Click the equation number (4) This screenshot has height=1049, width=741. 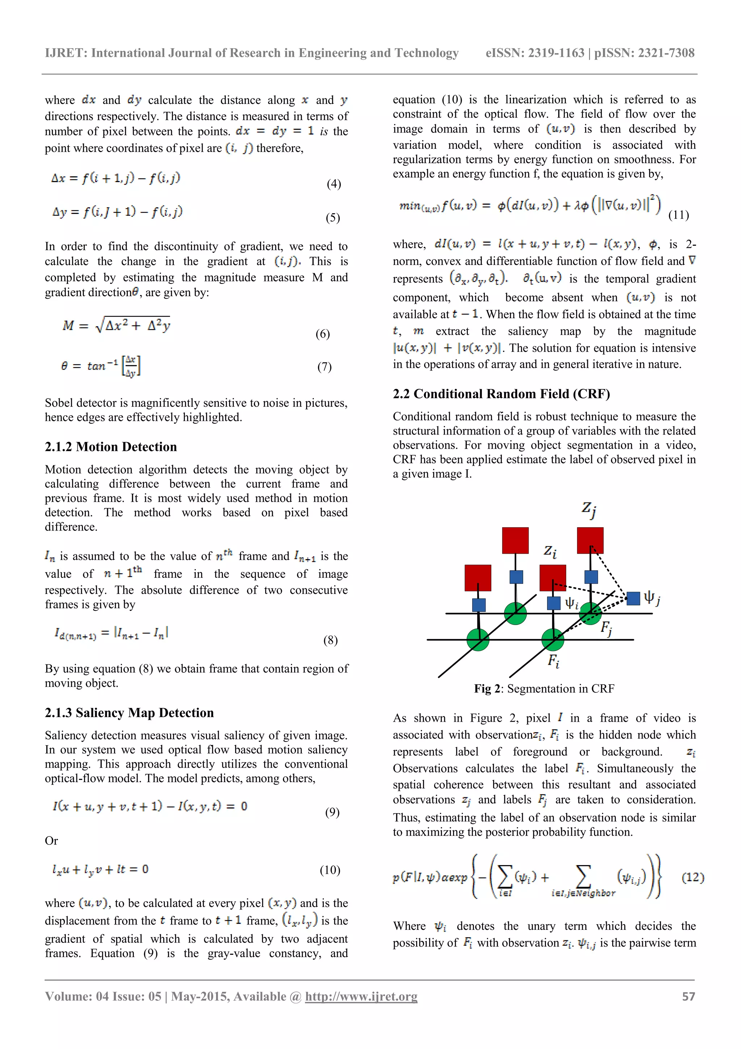point(334,184)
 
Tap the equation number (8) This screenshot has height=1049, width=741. point(331,640)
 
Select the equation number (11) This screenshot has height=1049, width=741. point(678,215)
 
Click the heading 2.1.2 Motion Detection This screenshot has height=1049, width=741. point(111,447)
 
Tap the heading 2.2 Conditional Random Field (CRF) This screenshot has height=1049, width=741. point(501,394)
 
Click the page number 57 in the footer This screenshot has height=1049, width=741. point(689,996)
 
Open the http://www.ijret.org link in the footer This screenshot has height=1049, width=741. point(361,996)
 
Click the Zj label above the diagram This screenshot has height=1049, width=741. point(589,509)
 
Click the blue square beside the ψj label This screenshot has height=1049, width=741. point(633,598)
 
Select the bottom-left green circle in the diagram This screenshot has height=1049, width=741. point(478,639)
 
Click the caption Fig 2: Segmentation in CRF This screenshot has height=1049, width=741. point(544,688)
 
